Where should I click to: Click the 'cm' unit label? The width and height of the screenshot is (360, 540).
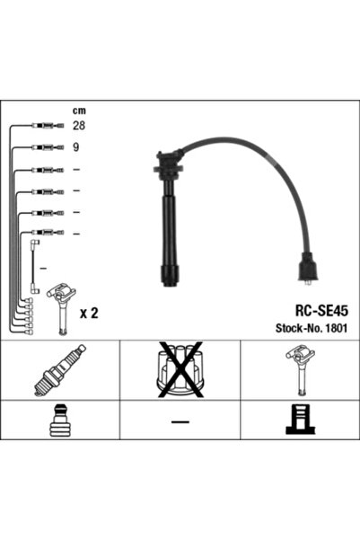[79, 111]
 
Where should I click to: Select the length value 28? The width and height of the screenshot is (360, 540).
[79, 126]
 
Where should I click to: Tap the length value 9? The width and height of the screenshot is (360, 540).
[75, 147]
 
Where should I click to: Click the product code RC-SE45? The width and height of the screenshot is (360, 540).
[321, 311]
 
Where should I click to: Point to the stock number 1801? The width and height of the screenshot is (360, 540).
[337, 328]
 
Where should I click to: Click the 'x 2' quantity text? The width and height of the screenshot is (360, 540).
[89, 314]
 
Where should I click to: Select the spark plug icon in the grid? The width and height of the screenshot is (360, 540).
[60, 370]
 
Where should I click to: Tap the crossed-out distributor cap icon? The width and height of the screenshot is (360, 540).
[180, 370]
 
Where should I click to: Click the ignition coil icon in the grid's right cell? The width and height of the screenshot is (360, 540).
[300, 369]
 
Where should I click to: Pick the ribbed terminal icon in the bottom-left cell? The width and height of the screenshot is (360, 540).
[59, 420]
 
